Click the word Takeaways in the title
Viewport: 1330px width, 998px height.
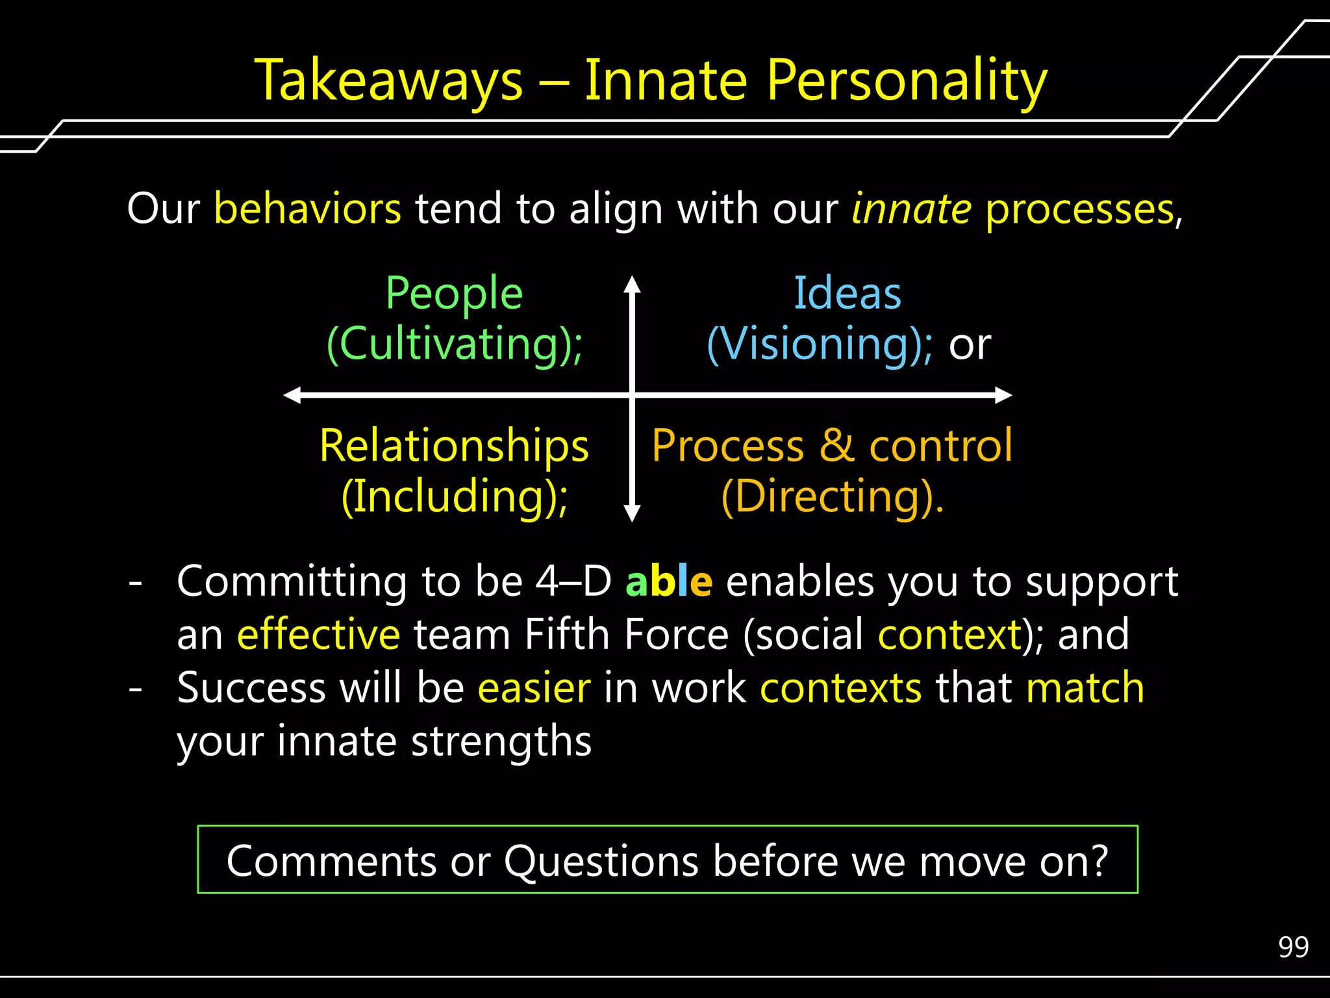[x=388, y=81]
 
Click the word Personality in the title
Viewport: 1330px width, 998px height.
[x=907, y=81]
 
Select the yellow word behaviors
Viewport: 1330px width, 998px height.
[x=307, y=209]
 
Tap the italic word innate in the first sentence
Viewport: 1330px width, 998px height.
[x=911, y=209]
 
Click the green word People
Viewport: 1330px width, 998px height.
[x=454, y=293]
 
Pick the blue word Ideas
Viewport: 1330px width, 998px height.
[x=847, y=293]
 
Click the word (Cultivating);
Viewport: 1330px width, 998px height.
[x=454, y=344]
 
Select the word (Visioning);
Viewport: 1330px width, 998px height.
[x=820, y=344]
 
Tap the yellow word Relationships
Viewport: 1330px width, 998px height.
[x=454, y=446]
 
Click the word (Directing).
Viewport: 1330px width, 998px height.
[x=833, y=496]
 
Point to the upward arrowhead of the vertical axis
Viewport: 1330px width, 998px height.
[x=632, y=283]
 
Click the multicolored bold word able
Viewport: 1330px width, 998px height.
[x=668, y=581]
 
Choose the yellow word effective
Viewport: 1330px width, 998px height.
[x=318, y=634]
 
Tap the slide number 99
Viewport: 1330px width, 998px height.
[x=1293, y=947]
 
